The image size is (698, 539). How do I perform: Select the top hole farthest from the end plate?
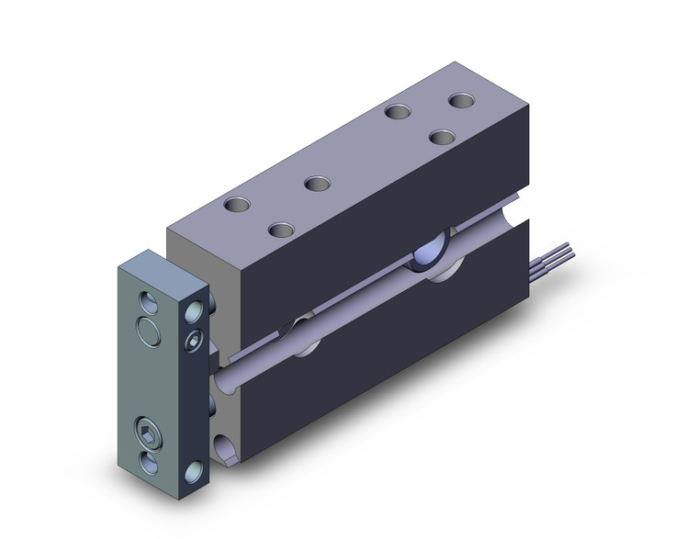pyautogui.click(x=460, y=99)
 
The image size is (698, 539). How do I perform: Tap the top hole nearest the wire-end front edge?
pyautogui.click(x=443, y=137)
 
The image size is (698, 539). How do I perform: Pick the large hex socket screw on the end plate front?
pyautogui.click(x=148, y=432)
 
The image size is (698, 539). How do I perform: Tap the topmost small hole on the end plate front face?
pyautogui.click(x=147, y=301)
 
